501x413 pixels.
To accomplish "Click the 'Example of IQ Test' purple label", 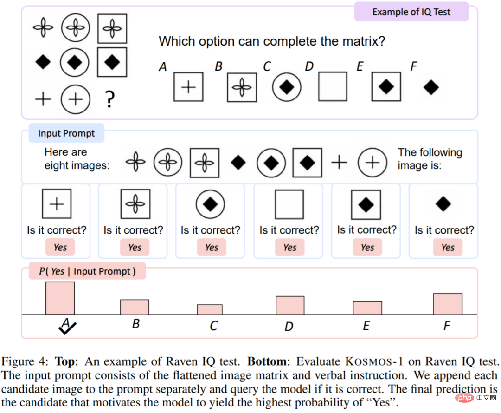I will coord(411,12).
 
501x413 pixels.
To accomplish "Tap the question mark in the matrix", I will coord(109,100).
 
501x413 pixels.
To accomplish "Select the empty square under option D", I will coord(333,86).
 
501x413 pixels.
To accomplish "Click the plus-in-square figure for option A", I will coord(188,87).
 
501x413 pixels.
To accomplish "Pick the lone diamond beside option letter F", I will coord(431,87).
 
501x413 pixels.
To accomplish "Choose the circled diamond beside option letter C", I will coord(287,87).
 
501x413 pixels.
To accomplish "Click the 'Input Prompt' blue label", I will coord(66,134).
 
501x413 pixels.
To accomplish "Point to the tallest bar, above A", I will coord(60,298).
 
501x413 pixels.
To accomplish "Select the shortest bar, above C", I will coord(210,309).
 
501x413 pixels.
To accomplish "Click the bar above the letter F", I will coord(448,304).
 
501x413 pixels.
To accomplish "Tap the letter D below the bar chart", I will coord(289,327).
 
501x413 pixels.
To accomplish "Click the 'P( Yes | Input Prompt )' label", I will coord(87,271).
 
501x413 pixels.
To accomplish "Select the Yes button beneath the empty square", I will coord(289,248).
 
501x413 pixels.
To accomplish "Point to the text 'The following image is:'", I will coord(430,158).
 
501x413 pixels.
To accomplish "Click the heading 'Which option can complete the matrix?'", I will coord(272,41).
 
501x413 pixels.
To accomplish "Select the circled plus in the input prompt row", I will coord(372,163).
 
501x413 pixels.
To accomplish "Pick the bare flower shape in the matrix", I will coord(43,28).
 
